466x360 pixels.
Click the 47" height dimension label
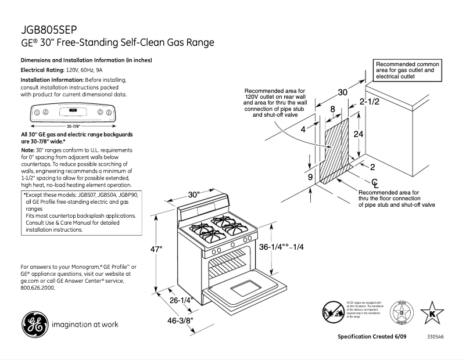pos(156,249)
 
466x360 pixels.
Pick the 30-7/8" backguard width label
pos(73,125)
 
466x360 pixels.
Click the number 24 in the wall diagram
pos(359,133)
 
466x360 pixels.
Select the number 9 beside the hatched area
pos(310,177)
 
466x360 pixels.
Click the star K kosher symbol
pos(431,313)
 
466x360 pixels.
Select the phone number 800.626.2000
pos(37,287)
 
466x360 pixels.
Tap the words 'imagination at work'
pos(85,324)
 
